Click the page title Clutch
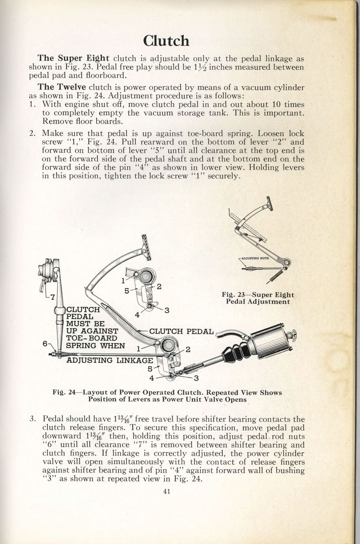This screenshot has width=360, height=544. coord(166,41)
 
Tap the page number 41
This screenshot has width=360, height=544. coord(166,492)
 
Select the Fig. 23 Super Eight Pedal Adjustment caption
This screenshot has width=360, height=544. coord(258,298)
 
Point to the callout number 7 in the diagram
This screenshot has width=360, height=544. coord(52,297)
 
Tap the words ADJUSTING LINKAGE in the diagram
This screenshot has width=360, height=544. coord(109,360)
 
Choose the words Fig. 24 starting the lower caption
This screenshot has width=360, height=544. coord(64,392)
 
